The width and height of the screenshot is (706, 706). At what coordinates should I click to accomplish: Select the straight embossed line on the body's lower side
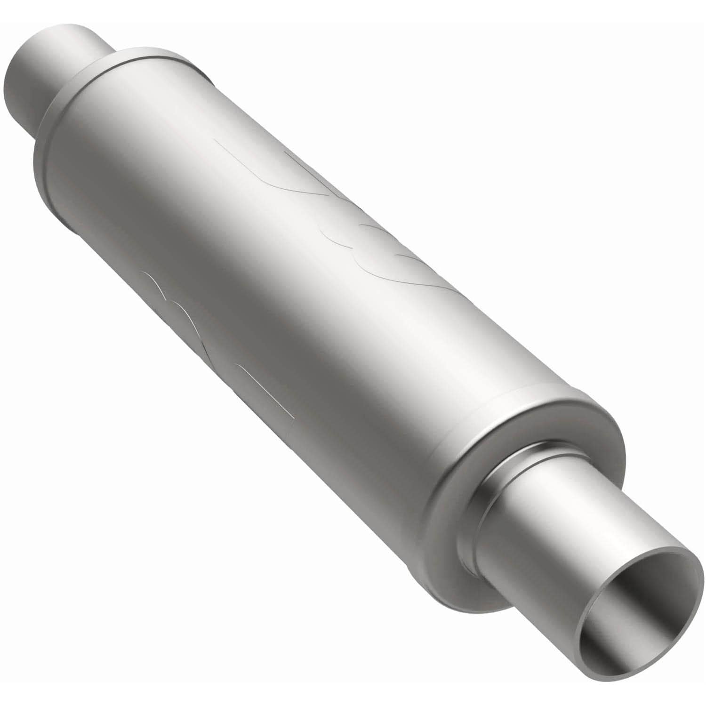(x=264, y=391)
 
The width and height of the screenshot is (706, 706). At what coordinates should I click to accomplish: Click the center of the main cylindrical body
(x=306, y=329)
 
